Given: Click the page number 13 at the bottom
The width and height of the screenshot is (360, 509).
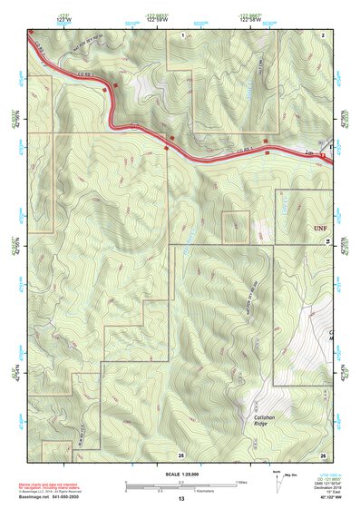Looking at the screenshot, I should coord(181,499).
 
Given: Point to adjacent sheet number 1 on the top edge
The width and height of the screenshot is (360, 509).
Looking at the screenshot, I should coord(182,34).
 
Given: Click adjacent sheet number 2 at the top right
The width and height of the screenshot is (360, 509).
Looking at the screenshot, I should coord(323,34).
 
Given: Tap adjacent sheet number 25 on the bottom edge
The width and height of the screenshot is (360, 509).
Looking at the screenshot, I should coord(181,454).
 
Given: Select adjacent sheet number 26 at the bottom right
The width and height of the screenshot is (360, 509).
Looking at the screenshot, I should coord(323,454).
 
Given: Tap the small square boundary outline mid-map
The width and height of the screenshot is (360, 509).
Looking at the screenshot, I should coord(236,227).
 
